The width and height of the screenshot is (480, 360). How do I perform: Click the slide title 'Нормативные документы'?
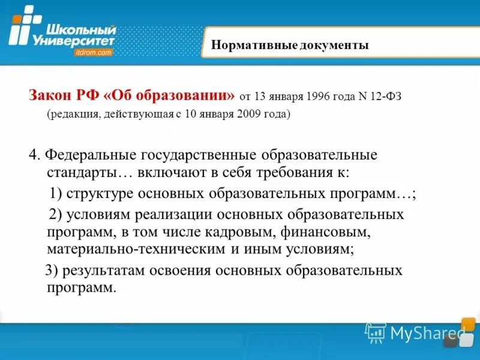click(290, 46)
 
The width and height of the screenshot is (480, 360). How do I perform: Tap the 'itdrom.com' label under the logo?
click(92, 53)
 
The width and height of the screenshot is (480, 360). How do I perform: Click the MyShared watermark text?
click(427, 332)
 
